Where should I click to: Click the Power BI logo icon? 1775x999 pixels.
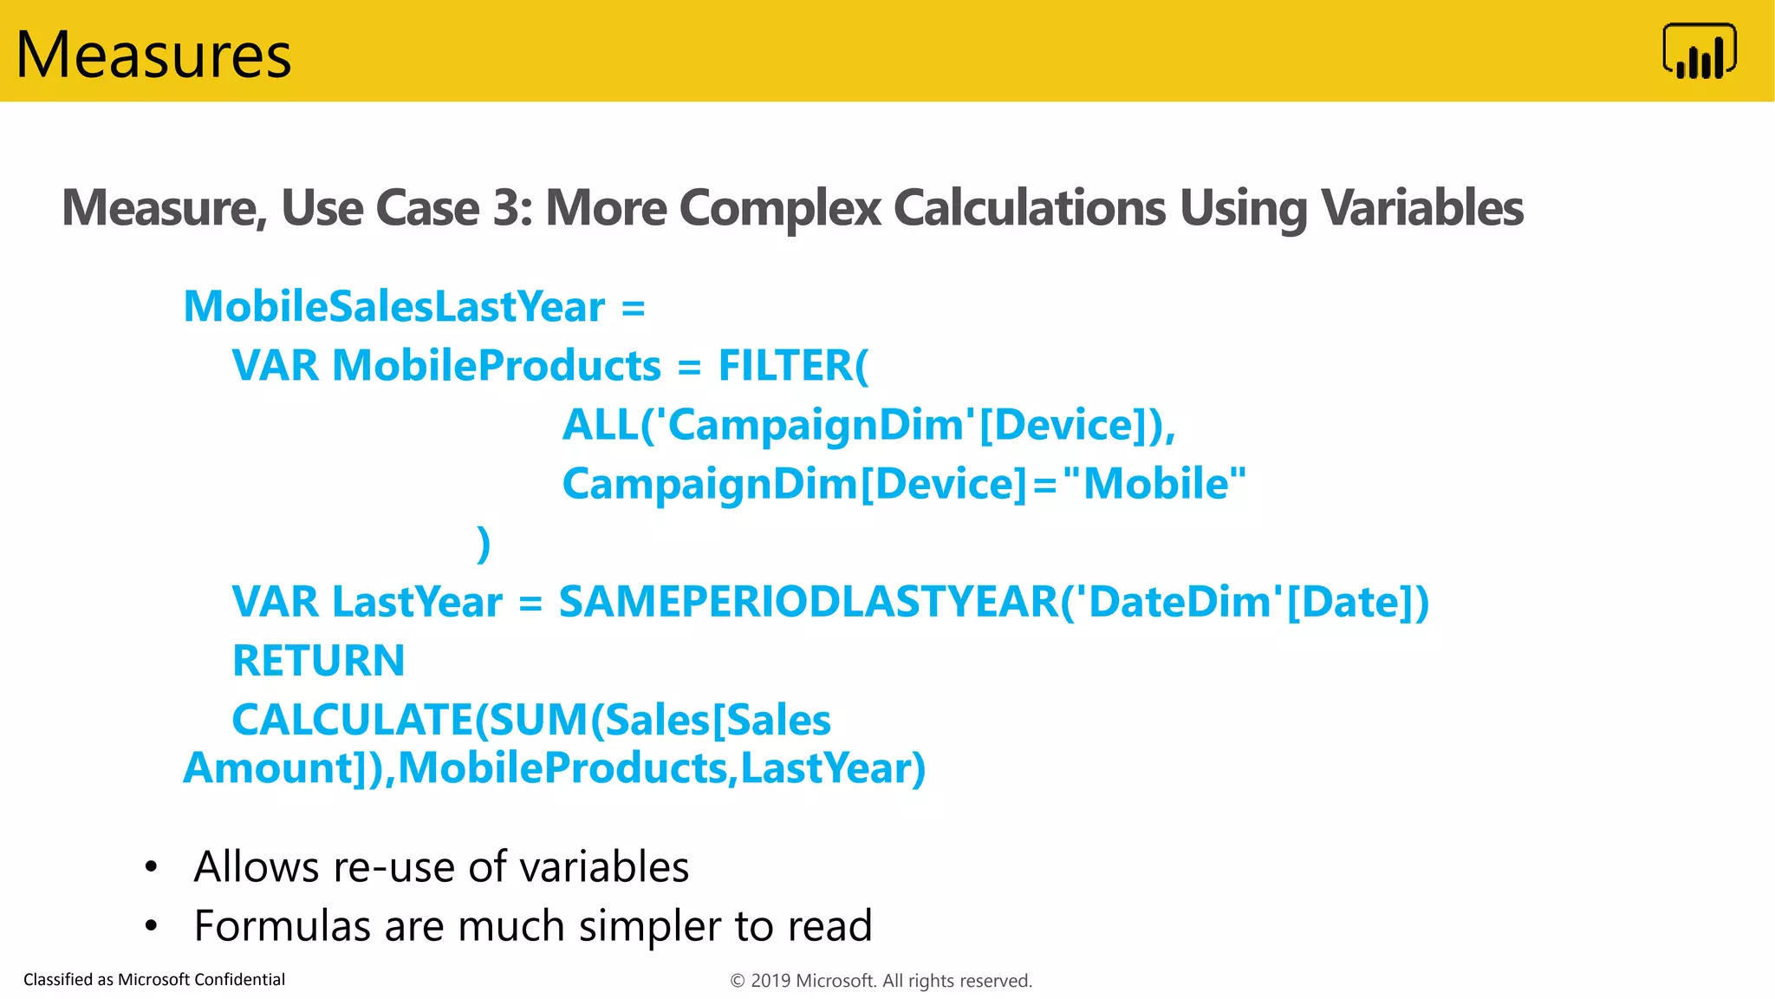tap(1699, 51)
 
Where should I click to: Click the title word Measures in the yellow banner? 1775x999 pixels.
tap(153, 55)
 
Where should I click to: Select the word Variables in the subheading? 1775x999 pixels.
tap(1421, 208)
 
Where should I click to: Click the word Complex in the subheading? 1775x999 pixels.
tap(779, 208)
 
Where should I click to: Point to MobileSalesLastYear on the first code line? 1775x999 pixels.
tap(394, 307)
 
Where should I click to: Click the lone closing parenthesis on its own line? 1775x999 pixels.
tap(484, 544)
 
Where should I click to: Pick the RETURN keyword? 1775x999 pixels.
tap(318, 661)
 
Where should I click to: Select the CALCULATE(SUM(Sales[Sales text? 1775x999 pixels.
tap(530, 720)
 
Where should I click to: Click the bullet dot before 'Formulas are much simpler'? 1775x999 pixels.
tap(152, 926)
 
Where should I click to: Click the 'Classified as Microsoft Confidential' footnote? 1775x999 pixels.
tap(154, 979)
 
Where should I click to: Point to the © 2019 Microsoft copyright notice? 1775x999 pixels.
tap(881, 981)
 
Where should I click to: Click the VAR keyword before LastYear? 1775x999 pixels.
tap(275, 602)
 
